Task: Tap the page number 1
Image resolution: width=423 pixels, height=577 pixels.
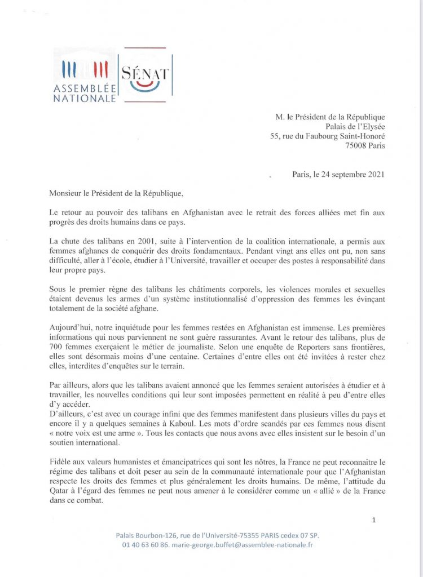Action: (x=374, y=521)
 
